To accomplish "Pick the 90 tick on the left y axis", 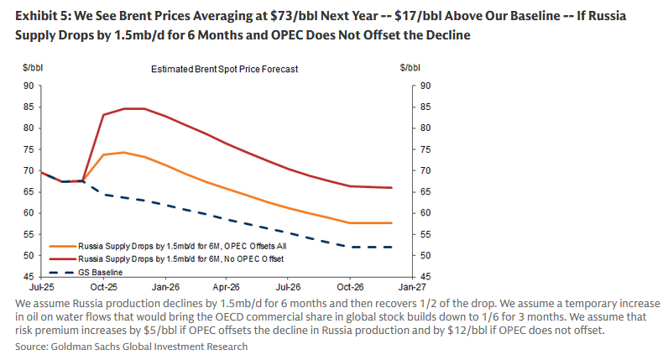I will click(x=29, y=86).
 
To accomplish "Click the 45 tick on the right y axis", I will click(x=425, y=276).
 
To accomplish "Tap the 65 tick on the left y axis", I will click(x=29, y=191).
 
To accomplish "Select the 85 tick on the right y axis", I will click(x=425, y=107).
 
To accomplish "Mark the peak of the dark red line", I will click(x=134, y=108).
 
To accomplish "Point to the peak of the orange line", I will click(x=124, y=152).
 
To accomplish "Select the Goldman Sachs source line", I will click(x=132, y=346).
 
